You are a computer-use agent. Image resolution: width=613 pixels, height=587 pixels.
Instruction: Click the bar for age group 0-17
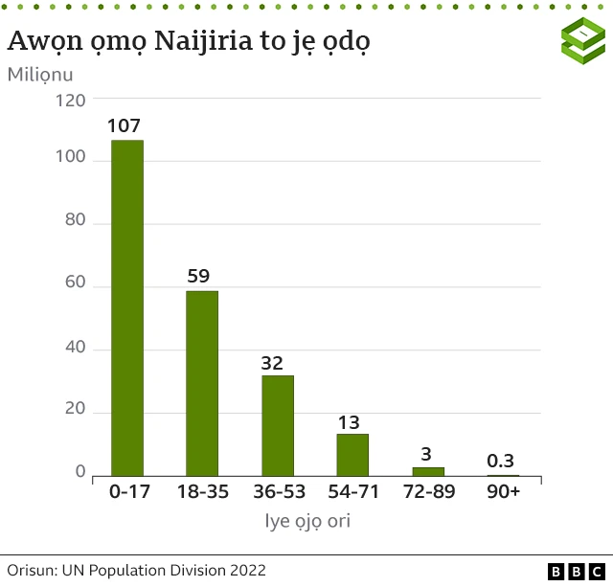tap(127, 307)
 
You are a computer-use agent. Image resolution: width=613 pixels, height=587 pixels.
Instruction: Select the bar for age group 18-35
tap(202, 383)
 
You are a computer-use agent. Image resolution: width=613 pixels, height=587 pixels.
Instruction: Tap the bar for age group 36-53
tap(278, 425)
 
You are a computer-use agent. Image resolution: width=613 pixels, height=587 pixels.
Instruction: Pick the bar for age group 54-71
tap(352, 455)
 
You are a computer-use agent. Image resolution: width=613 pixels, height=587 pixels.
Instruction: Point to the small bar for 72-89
tap(428, 471)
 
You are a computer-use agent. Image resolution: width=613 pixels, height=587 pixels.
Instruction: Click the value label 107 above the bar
tap(125, 126)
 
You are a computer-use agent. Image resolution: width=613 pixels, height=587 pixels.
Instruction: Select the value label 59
tap(198, 277)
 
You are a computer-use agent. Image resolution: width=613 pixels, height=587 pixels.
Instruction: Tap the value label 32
tap(273, 363)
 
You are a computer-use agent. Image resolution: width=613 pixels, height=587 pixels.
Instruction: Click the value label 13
tap(351, 422)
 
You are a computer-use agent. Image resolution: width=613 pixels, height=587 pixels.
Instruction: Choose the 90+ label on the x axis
tap(503, 492)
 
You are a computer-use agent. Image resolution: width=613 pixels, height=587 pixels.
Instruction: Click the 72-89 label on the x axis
tap(428, 492)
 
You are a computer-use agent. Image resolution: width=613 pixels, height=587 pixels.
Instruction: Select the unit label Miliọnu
tap(47, 74)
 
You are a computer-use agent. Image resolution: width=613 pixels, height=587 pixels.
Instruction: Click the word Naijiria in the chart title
tap(197, 41)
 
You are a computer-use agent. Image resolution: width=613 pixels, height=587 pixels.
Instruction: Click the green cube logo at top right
tap(582, 42)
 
